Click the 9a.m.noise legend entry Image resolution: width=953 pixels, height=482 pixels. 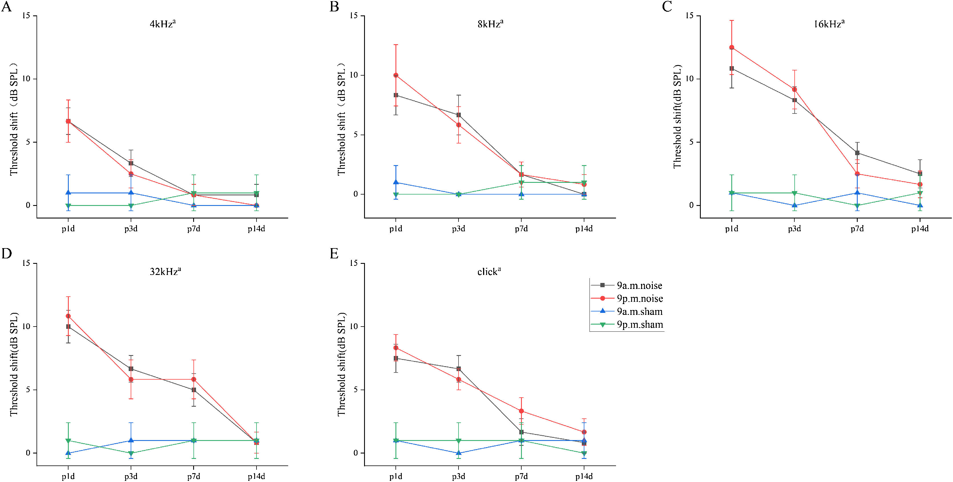pyautogui.click(x=639, y=285)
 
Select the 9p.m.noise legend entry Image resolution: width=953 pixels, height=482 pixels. pyautogui.click(x=639, y=299)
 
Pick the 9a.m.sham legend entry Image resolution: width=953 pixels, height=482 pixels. pyautogui.click(x=639, y=311)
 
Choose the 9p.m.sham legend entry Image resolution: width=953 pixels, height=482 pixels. pyautogui.click(x=639, y=325)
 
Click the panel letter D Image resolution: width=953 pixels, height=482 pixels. pyautogui.click(x=7, y=254)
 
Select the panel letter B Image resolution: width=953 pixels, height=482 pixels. pyautogui.click(x=334, y=7)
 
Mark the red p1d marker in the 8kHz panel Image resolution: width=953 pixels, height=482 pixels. pyautogui.click(x=396, y=75)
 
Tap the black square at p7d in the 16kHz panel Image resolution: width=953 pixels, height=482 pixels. pyautogui.click(x=857, y=153)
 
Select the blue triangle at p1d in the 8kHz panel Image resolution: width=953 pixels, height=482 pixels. pyautogui.click(x=396, y=182)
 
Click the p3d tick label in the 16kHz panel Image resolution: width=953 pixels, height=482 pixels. pyautogui.click(x=794, y=229)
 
